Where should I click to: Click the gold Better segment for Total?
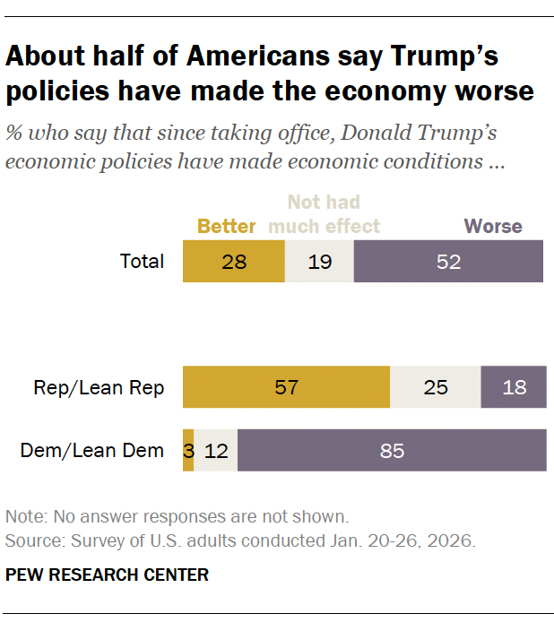pos(234,262)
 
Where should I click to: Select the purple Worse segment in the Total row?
pos(448,262)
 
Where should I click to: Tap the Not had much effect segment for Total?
pos(319,262)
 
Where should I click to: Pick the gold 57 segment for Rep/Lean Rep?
pos(286,388)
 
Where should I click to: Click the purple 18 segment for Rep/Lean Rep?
pos(514,388)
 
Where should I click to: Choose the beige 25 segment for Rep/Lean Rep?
pos(436,388)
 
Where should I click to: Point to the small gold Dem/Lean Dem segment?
pos(188,450)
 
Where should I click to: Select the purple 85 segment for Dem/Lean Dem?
pos(392,450)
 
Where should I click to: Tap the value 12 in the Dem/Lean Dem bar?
pos(216,450)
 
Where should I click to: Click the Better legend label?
pos(227,226)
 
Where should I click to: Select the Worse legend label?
pos(493,226)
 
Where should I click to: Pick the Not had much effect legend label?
pos(325,214)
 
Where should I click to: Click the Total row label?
pos(143,262)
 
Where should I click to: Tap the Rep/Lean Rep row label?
pos(100,388)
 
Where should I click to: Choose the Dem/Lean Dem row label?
pos(92,450)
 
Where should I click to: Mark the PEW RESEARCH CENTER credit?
pos(107,575)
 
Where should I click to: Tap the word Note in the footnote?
pos(23,517)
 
